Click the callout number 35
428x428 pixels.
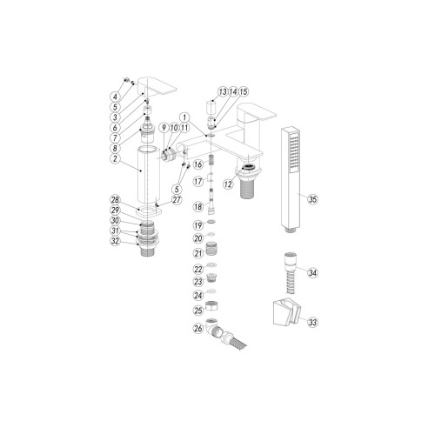313,197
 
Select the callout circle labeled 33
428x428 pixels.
313,321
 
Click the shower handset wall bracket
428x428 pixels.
284,311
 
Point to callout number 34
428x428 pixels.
313,272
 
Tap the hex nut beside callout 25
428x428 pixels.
220,310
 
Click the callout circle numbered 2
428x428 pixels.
116,158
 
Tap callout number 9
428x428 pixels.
162,130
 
